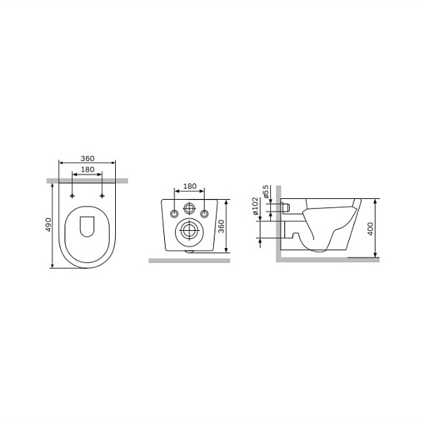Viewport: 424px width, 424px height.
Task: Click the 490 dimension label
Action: [48, 224]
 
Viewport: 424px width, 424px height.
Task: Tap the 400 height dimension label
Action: [371, 229]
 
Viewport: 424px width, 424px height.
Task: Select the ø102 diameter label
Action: [255, 206]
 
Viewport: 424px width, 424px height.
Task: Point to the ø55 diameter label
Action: [265, 191]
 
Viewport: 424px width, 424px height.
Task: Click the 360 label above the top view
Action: [88, 158]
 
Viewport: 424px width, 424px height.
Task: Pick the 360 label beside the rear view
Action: [221, 226]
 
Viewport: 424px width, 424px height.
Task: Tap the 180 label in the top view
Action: [88, 169]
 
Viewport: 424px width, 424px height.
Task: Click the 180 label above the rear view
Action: [190, 186]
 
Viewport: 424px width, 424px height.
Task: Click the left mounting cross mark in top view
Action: [72, 196]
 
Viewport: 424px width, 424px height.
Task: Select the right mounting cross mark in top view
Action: [102, 196]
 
